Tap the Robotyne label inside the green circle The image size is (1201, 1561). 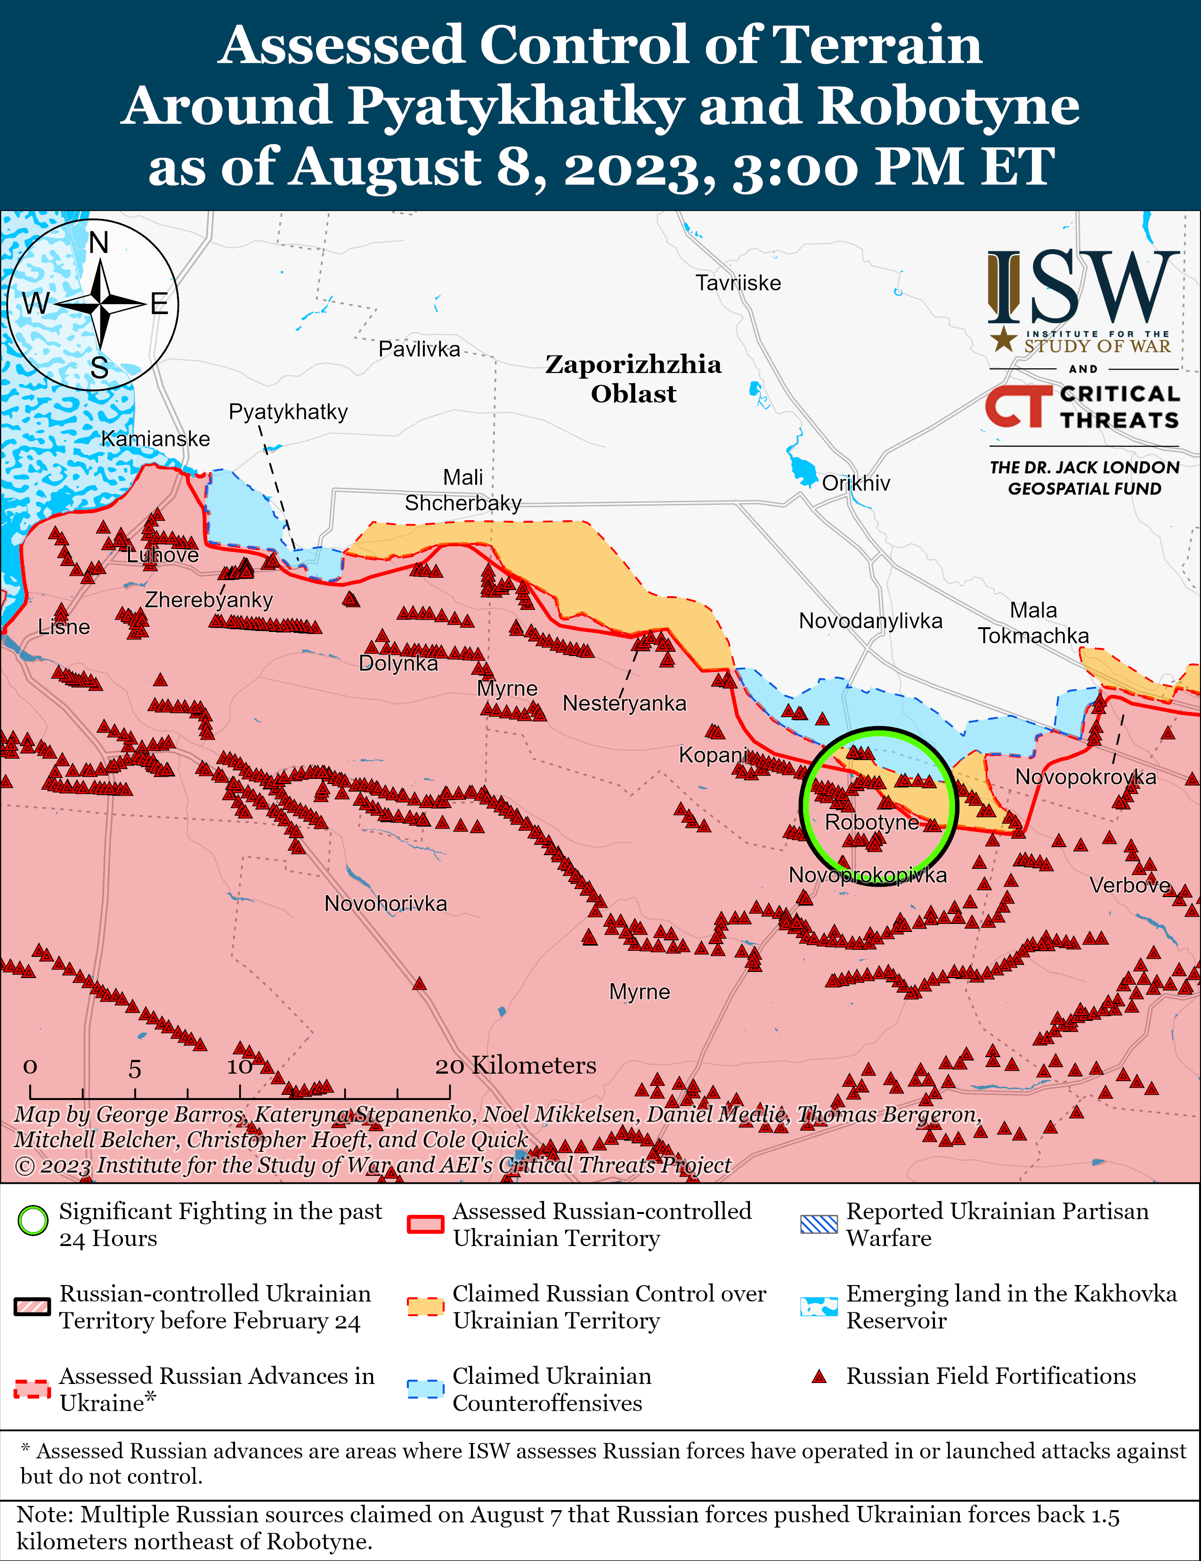click(871, 822)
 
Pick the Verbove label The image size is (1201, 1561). click(1129, 886)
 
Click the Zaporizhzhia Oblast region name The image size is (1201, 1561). click(633, 379)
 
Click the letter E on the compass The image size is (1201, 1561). click(159, 305)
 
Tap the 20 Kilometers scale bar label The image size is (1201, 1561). click(515, 1066)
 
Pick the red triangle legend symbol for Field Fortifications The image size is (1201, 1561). click(819, 1376)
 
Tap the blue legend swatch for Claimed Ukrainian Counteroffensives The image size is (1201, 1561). click(425, 1389)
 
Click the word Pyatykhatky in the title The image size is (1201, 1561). click(515, 106)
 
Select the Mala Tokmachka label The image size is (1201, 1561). click(1033, 623)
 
